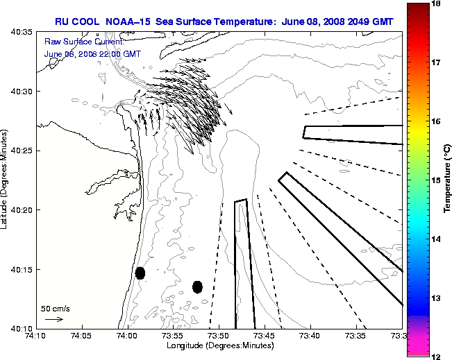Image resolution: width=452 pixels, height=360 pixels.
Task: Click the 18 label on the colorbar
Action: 437,3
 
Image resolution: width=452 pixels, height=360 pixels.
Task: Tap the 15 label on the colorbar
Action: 437,180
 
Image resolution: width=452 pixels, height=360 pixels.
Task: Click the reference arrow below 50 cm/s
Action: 53,319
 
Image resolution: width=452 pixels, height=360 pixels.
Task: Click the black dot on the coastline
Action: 140,273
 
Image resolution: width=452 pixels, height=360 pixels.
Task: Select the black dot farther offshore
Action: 197,286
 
